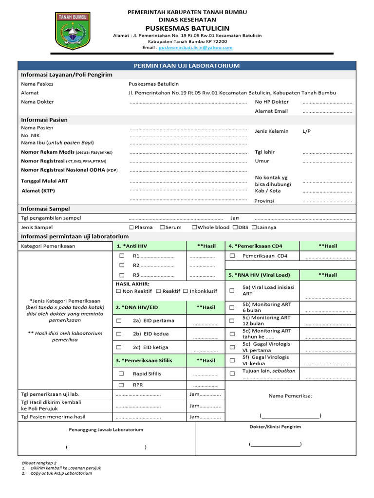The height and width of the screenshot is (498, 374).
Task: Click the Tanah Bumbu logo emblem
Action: pyautogui.click(x=73, y=30)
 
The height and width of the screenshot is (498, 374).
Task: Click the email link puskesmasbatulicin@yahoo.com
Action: pyautogui.click(x=195, y=48)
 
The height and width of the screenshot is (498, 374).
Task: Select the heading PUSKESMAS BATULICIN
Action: pyautogui.click(x=187, y=28)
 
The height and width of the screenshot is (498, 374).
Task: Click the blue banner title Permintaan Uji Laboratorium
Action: pyautogui.click(x=187, y=66)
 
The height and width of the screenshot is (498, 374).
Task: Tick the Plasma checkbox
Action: pyautogui.click(x=131, y=227)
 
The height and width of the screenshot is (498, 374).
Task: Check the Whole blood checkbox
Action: pyautogui.click(x=194, y=227)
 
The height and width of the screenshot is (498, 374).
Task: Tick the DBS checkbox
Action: pyautogui.click(x=235, y=227)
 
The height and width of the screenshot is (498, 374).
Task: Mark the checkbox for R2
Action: pyautogui.click(x=122, y=265)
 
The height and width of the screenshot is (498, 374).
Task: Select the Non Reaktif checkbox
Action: pyautogui.click(x=119, y=291)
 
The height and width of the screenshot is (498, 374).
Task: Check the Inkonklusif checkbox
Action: pyautogui.click(x=186, y=291)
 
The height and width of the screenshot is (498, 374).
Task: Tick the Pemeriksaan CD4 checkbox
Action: pyautogui.click(x=232, y=255)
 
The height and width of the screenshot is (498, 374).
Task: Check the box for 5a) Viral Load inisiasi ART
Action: pyautogui.click(x=232, y=290)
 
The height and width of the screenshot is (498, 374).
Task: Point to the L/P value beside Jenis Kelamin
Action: pyautogui.click(x=306, y=131)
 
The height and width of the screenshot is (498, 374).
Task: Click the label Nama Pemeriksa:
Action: pyautogui.click(x=290, y=396)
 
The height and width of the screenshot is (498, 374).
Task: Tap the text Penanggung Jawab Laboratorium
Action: pyautogui.click(x=106, y=429)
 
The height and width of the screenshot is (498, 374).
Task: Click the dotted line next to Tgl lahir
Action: pyautogui.click(x=327, y=152)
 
